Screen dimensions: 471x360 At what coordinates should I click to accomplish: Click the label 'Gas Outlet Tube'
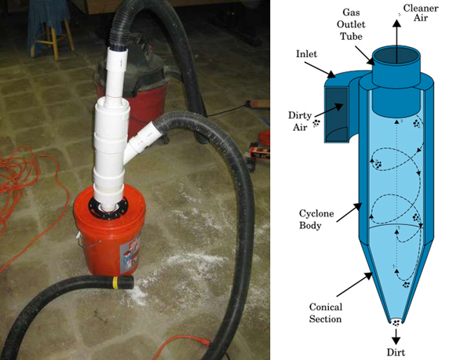(x=349, y=27)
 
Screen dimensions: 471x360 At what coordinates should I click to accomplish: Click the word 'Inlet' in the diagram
(x=307, y=55)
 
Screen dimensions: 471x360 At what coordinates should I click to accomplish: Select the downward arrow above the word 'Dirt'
(x=396, y=333)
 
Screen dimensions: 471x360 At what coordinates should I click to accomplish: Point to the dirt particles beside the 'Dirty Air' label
(x=317, y=123)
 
